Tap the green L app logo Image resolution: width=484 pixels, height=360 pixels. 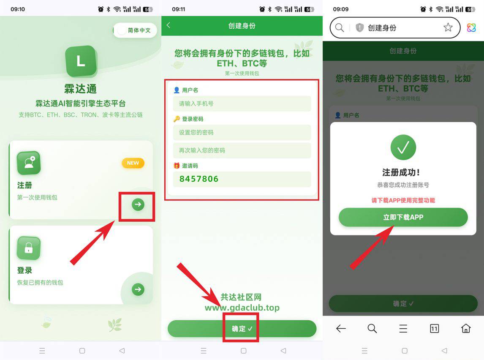point(81,61)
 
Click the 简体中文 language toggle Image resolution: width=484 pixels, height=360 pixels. point(135,30)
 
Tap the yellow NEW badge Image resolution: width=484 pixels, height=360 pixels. point(133,163)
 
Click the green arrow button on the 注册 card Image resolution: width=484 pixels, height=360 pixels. point(138,205)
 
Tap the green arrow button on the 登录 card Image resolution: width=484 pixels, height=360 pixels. point(138,289)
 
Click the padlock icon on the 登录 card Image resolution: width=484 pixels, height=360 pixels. point(29,248)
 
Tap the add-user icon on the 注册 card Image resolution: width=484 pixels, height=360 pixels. point(29,163)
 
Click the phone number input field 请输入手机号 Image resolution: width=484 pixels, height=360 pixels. point(242,104)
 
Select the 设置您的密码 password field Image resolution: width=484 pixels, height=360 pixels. point(242,132)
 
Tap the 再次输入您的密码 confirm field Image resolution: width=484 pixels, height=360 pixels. point(242,150)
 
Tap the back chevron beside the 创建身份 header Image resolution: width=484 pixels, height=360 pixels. point(169,25)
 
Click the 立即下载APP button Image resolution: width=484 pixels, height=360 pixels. point(403,218)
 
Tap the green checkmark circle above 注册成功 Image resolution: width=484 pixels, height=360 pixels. point(403,147)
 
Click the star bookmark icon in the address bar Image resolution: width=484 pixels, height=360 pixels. point(448,28)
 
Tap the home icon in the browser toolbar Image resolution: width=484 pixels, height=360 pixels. point(465,328)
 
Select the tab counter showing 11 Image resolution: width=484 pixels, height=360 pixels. point(434,328)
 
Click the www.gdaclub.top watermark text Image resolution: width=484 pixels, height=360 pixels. point(242,308)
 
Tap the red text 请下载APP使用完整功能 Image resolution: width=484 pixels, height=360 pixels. point(403,200)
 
